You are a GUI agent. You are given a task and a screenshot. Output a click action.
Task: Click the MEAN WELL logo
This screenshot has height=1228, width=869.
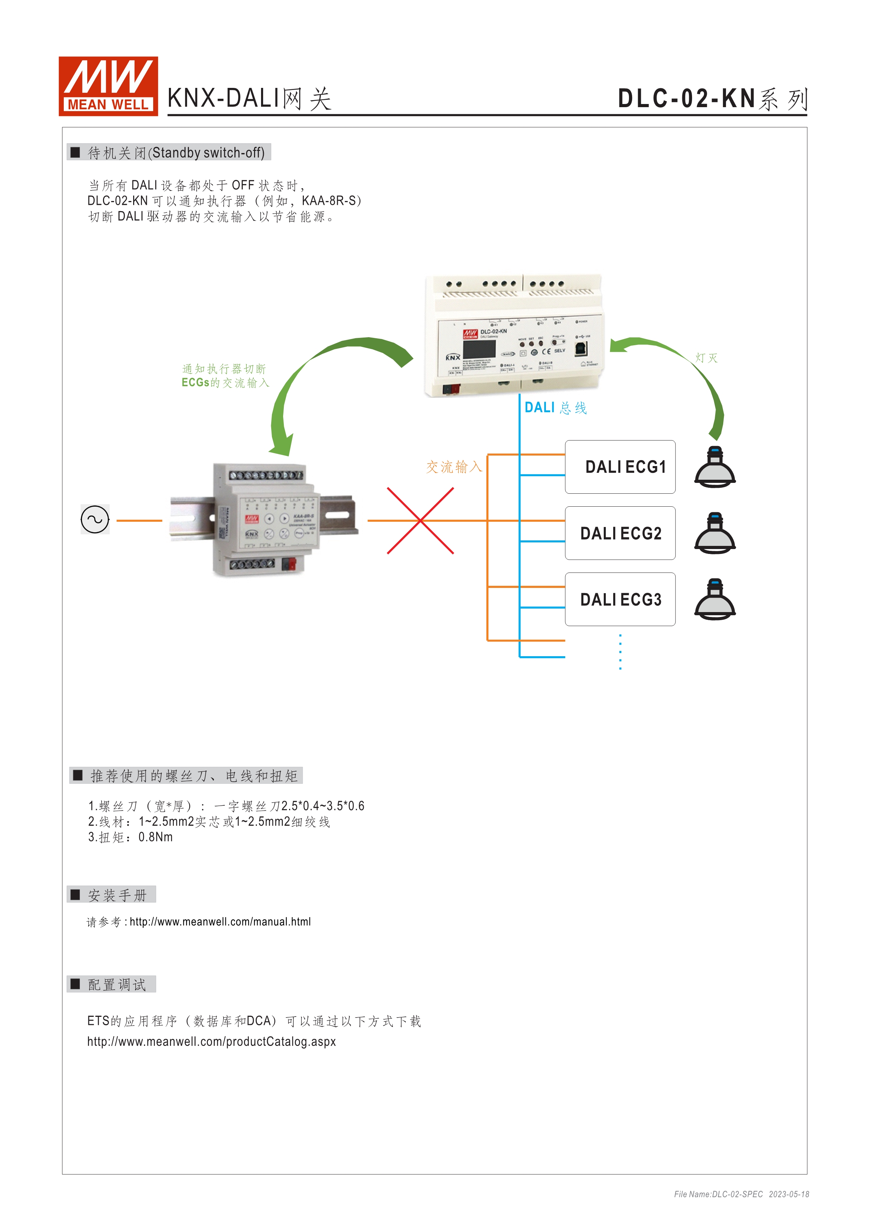coord(108,86)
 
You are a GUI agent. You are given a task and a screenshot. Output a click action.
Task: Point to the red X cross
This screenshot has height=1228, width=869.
coord(420,520)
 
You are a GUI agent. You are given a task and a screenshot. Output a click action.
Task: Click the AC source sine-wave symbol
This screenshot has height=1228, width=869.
coord(95,519)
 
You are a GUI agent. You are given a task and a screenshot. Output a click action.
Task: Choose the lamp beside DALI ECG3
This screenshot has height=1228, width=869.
coord(715,599)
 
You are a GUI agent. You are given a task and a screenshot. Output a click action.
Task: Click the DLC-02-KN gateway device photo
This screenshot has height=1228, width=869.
coord(514,336)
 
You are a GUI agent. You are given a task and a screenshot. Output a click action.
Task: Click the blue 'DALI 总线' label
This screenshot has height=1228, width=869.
coord(555,408)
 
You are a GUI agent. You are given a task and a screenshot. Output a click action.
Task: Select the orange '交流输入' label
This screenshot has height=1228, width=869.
coord(454,467)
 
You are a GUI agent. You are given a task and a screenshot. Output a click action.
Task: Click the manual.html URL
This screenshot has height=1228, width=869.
coord(220,922)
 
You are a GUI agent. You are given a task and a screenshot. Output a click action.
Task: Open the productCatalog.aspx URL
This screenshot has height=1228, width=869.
coord(211,1041)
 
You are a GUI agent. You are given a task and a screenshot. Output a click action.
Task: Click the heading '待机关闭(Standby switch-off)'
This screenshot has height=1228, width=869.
coord(176,153)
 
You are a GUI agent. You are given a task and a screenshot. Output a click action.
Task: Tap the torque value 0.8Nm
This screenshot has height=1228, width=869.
coord(155,837)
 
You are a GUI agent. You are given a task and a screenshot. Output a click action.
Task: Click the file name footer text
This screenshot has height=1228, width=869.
coord(741,1194)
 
